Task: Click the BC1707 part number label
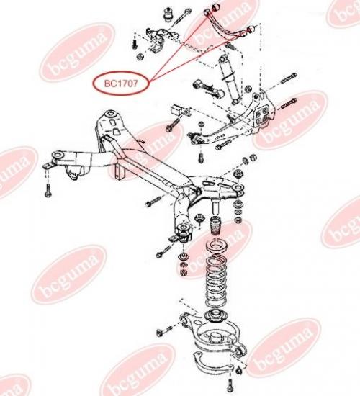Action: coord(121,84)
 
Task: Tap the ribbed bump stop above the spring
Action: coord(215,225)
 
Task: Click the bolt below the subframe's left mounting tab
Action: coord(48,190)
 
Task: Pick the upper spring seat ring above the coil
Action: coord(216,247)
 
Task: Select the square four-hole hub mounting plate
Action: coord(262,116)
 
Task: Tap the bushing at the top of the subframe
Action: coord(112,114)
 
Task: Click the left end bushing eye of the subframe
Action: coord(58,155)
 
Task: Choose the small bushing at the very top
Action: coord(168,15)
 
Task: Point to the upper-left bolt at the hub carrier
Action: coord(288,78)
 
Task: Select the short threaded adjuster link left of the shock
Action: coord(208,89)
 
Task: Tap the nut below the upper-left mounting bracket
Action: coord(140,57)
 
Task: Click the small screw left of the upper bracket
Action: coord(135,43)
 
